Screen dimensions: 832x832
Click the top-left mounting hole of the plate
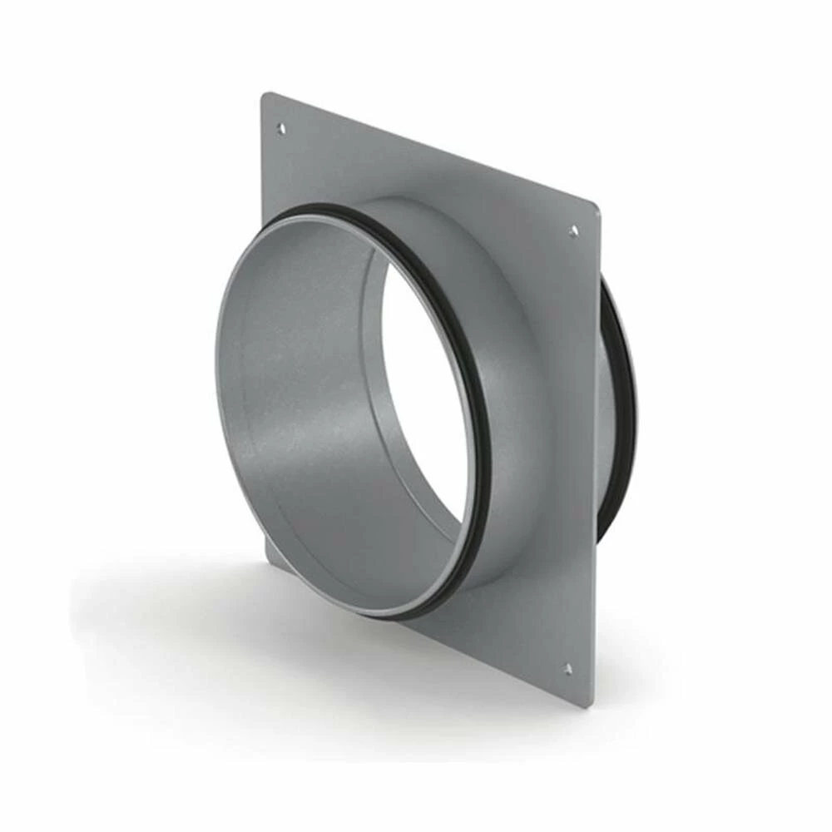tap(280, 128)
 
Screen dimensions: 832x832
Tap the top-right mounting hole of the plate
tap(573, 231)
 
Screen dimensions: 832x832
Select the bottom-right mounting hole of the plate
tap(568, 668)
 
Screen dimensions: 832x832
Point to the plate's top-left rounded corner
tap(265, 97)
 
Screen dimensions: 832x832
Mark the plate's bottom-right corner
tap(590, 704)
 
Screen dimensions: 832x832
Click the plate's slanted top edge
tap(433, 150)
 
